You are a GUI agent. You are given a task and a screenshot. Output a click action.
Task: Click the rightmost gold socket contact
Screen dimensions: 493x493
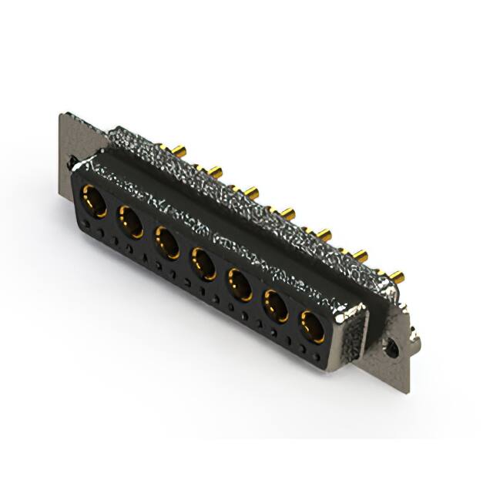click(x=311, y=327)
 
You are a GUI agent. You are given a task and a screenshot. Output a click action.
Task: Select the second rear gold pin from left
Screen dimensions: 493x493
click(x=216, y=170)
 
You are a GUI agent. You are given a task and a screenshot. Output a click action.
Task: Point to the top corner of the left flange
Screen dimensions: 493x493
click(x=62, y=115)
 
